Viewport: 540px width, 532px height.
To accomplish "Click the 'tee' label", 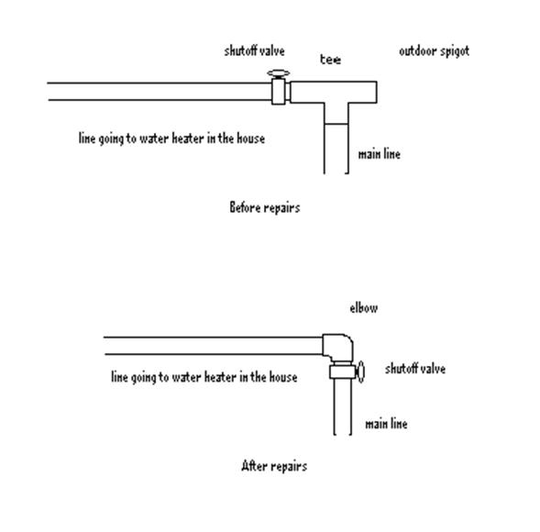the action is (330, 60).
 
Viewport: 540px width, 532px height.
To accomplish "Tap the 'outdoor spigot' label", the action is (434, 51).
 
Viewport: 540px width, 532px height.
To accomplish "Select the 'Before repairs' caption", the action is (264, 207).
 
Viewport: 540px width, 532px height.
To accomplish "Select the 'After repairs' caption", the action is (274, 466).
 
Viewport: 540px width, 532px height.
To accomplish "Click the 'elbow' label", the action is (364, 307).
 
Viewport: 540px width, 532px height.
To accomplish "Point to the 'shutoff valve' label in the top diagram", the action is (254, 51).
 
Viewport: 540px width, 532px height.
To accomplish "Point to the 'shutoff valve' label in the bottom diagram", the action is (415, 369).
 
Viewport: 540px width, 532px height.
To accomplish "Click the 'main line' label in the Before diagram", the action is (380, 154).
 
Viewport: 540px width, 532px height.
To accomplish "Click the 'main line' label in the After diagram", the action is (386, 424).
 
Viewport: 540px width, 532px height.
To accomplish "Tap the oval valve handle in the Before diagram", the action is (279, 73).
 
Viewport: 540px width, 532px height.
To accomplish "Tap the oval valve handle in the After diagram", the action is (360, 372).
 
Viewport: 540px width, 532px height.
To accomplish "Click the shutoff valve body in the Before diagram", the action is (279, 92).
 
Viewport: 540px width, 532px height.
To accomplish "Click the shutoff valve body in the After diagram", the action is (342, 372).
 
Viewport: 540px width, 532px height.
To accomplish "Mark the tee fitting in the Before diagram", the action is (334, 93).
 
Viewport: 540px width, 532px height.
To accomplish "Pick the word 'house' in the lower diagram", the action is (283, 377).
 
